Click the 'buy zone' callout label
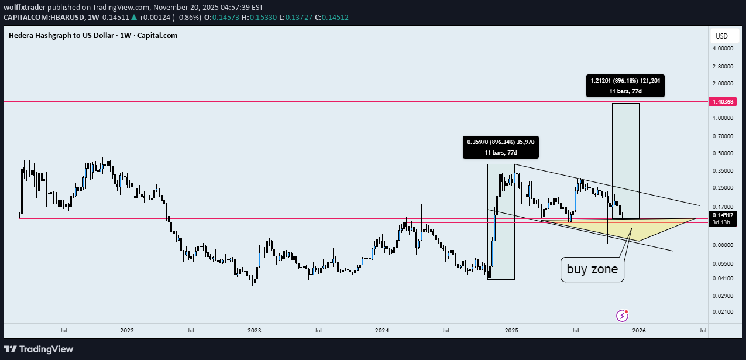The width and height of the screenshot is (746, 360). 592,270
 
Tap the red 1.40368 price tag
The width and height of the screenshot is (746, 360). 724,101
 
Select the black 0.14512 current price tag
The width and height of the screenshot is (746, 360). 724,215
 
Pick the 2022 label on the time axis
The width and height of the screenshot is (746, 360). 127,330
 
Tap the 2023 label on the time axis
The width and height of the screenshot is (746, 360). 255,330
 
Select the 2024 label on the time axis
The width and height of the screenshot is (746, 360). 382,330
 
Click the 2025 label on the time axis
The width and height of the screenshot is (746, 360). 511,330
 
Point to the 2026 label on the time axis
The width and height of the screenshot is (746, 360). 638,330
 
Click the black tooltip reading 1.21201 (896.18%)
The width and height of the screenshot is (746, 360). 625,85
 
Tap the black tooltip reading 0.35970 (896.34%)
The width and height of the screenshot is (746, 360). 500,147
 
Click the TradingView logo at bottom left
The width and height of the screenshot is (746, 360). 40,349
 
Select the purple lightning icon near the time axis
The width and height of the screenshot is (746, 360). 623,316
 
